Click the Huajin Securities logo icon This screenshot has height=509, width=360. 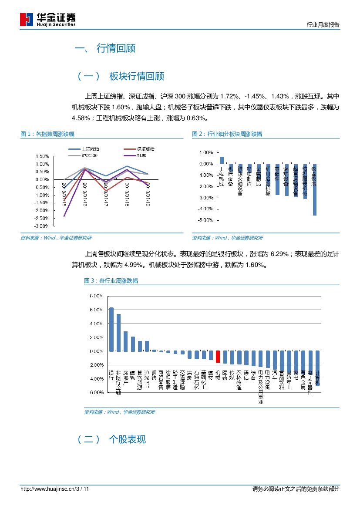[x=26, y=20]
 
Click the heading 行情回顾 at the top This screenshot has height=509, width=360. [x=116, y=48]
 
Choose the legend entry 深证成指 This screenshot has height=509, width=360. [x=145, y=149]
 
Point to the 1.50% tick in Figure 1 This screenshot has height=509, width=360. [x=42, y=156]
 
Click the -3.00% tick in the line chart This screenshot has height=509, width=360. [x=42, y=226]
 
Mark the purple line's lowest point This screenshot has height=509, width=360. [x=64, y=216]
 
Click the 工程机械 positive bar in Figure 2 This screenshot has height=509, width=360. [x=222, y=160]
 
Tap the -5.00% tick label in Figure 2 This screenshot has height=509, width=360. [x=205, y=220]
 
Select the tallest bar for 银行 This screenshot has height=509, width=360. [x=111, y=329]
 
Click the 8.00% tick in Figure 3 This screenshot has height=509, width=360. [x=96, y=296]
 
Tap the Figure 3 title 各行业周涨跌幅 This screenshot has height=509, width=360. [x=118, y=281]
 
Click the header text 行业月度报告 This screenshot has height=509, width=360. [x=323, y=25]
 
